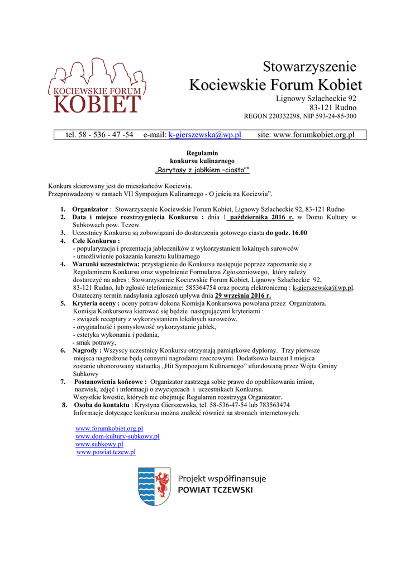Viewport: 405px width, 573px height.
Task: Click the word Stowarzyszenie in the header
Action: coord(309,67)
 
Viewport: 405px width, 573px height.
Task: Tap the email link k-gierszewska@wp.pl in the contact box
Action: coord(204,135)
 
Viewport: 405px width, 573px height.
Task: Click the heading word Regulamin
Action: coord(202,153)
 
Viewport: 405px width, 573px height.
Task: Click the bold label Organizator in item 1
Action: coord(90,209)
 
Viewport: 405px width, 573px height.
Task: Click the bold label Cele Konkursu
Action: coord(96,241)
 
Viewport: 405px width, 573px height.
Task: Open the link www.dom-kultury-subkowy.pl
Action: coord(117,436)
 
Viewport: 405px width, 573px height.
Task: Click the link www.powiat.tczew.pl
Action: coord(106,452)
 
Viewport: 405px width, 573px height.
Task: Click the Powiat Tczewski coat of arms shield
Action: coord(154,486)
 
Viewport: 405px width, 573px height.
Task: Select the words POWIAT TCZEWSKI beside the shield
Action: coord(215,490)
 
